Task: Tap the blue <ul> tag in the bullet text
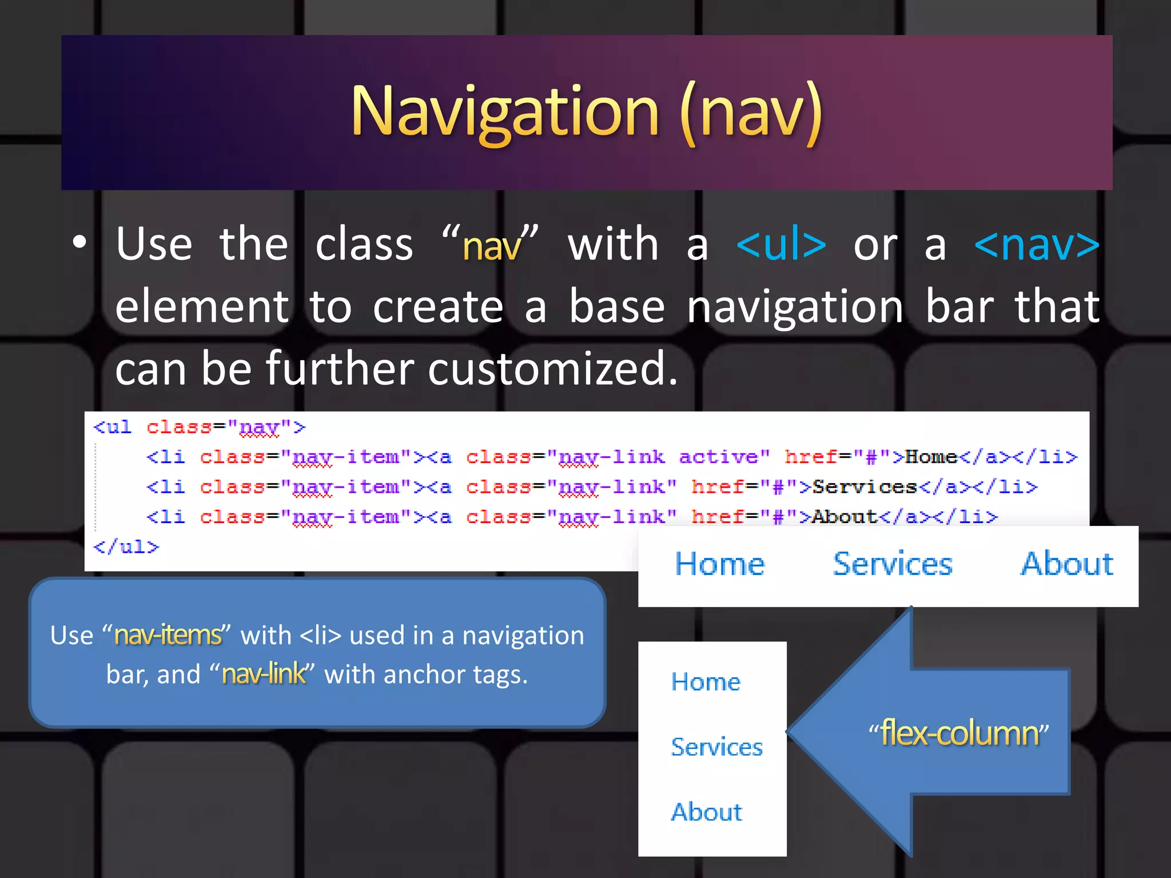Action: point(781,245)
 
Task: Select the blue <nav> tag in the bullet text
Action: point(1037,245)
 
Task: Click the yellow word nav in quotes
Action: point(492,247)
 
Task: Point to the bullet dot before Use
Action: point(79,242)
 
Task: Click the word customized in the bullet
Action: point(552,369)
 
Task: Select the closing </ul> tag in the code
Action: point(126,547)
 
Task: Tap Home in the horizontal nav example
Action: point(720,564)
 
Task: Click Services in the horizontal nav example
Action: point(893,564)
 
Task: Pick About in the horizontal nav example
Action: point(1067,564)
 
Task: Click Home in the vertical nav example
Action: point(706,682)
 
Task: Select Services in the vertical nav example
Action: point(716,747)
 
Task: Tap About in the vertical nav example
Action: point(707,812)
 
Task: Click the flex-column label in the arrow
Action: point(959,733)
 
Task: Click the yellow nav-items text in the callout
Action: point(168,635)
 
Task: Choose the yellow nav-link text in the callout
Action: point(264,675)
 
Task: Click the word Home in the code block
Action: point(931,457)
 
